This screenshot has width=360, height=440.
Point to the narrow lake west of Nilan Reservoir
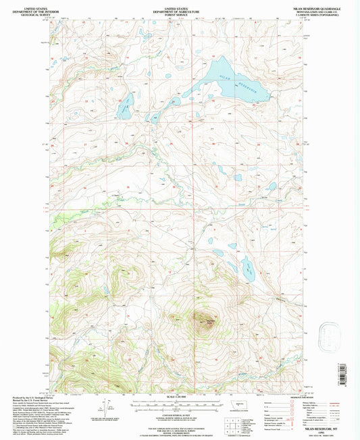(124, 106)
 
